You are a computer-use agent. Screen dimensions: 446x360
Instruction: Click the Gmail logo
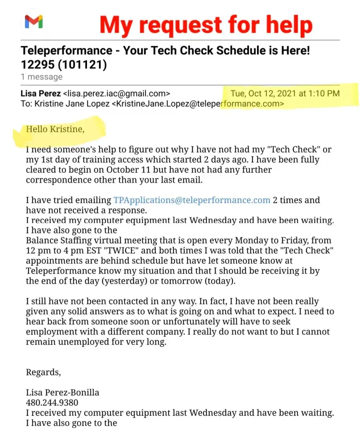click(x=33, y=21)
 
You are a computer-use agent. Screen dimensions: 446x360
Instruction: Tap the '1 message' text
click(x=41, y=77)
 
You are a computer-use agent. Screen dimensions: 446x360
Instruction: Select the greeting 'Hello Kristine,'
click(x=55, y=129)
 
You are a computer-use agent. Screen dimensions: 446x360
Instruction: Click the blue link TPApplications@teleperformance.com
click(x=192, y=200)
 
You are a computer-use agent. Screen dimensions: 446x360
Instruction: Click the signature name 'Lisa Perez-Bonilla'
click(x=62, y=392)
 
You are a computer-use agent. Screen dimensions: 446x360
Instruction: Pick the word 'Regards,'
click(x=43, y=372)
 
